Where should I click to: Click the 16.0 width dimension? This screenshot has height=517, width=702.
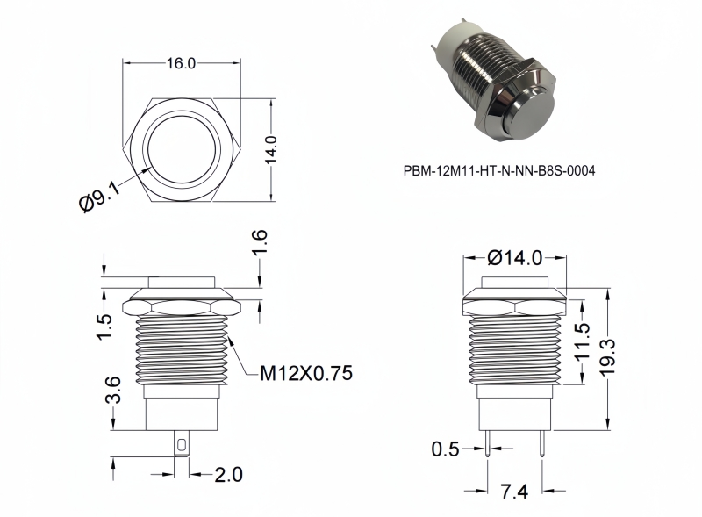pos(182,63)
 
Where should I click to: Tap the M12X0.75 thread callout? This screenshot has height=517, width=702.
pos(306,373)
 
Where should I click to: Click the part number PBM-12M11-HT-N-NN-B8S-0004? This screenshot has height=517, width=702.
pos(499,170)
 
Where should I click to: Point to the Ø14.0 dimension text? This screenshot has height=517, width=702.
pos(515,257)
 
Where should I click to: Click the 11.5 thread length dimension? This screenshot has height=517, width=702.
pos(582,342)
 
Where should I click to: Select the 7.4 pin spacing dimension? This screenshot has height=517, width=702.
pos(514,492)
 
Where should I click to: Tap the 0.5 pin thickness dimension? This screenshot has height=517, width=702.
pos(446,449)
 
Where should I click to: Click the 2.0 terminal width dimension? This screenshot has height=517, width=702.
pos(228,475)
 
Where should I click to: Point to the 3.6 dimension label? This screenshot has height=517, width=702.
pos(113,391)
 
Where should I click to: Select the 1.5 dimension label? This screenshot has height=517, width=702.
pos(104,327)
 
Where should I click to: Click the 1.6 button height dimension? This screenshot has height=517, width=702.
pos(260,242)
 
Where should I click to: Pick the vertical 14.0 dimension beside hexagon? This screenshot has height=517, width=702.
pos(271,150)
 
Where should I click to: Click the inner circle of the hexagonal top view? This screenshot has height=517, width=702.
pos(183,149)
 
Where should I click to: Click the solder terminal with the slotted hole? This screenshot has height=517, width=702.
pos(182,444)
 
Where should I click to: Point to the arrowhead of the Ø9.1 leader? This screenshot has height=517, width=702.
pos(148,169)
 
